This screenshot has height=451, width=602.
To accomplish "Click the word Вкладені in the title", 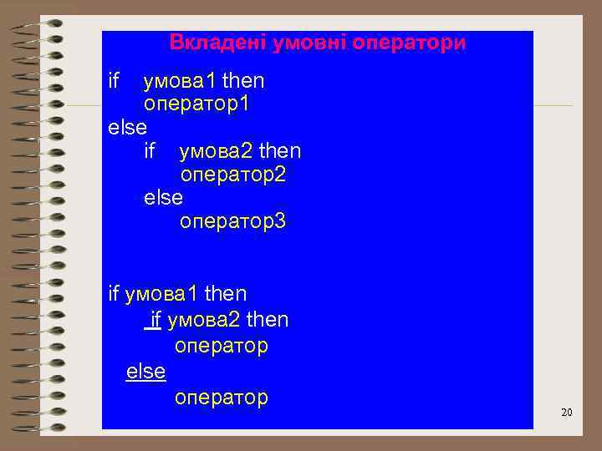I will click(209, 42).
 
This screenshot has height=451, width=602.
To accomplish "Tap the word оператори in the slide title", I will click(409, 42).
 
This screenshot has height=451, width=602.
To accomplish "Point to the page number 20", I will click(566, 413).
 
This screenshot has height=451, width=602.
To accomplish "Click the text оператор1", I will click(197, 104).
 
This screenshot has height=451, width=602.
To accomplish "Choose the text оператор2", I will click(233, 175).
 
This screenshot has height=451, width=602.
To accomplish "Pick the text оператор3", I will click(233, 221).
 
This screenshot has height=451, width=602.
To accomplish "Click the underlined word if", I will click(154, 320).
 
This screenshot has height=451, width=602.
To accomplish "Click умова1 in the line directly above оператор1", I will click(179, 81).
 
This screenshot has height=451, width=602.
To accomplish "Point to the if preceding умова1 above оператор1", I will click(115, 81).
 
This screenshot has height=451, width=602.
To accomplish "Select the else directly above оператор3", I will click(163, 198).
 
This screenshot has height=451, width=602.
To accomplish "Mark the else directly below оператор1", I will click(128, 128).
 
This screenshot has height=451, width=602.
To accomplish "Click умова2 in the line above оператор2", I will click(215, 151).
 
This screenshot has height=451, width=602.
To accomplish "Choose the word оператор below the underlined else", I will click(221, 398).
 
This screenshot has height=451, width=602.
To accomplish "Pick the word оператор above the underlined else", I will click(221, 346).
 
